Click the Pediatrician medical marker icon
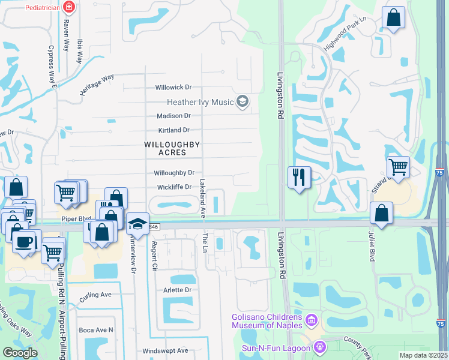click(69, 7)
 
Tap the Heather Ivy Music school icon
click(243, 102)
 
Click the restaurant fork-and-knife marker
click(299, 177)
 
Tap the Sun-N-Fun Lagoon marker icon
click(320, 347)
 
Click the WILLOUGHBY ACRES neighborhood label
click(172, 148)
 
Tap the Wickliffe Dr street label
click(173, 187)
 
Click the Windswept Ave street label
click(165, 351)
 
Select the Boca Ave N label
click(96, 330)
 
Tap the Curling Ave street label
click(96, 295)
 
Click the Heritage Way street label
click(97, 85)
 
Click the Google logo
click(20, 353)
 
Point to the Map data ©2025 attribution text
click(423, 355)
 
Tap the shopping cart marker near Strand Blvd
click(398, 166)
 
